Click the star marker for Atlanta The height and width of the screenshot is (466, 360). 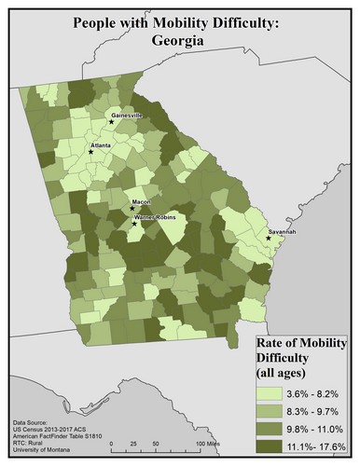[x=90, y=152]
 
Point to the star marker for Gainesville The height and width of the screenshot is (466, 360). [x=111, y=122]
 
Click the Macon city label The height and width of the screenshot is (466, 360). [x=141, y=200]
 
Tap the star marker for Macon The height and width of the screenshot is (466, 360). [x=132, y=208]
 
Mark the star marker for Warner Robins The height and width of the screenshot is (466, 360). [x=134, y=224]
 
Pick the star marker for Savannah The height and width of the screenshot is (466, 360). [x=268, y=238]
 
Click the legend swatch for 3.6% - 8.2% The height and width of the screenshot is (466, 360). [x=276, y=394]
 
